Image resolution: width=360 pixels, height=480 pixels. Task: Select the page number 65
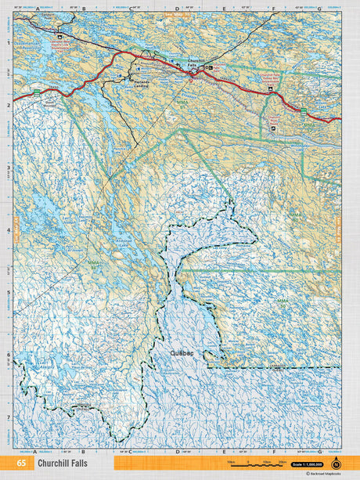[x=21, y=464]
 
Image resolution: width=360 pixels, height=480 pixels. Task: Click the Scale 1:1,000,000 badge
[x=307, y=465]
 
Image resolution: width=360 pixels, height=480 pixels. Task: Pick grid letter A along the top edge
[x=36, y=9]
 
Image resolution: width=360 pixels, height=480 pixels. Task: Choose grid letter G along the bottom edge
[x=319, y=452]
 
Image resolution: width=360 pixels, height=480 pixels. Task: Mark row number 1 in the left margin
[x=9, y=43]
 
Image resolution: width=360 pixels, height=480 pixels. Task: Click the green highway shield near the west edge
[x=36, y=93]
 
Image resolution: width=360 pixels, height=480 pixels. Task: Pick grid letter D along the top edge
[x=177, y=9]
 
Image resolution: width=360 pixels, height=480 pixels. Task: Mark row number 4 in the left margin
[x=9, y=231]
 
